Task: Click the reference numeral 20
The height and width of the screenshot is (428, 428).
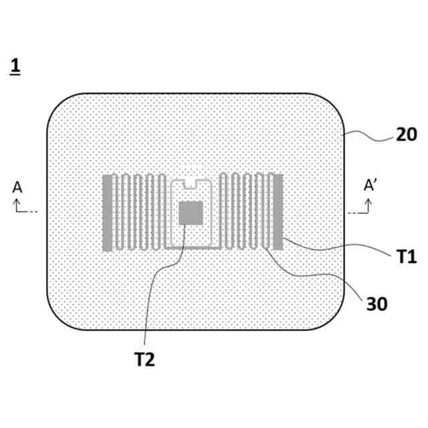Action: click(406, 134)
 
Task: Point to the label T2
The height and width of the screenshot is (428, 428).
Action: click(144, 360)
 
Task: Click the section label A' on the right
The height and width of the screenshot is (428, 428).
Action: click(372, 186)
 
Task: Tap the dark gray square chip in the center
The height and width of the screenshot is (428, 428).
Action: click(191, 213)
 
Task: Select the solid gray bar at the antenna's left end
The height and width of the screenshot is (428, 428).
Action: click(107, 213)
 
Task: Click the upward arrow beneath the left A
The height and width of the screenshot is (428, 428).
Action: click(17, 205)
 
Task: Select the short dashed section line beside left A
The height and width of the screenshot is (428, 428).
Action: click(33, 212)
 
